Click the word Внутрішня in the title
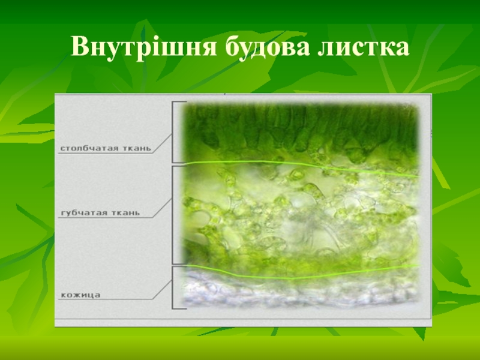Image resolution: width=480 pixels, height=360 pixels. (143, 47)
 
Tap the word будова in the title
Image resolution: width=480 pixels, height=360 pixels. (268, 47)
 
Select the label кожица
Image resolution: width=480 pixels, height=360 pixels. (80, 295)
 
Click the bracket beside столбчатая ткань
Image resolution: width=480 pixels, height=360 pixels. (173, 132)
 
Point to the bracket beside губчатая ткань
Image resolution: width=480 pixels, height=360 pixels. (173, 215)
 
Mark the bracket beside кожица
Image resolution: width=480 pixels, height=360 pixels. (173, 287)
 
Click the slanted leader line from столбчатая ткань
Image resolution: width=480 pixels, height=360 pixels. (162, 143)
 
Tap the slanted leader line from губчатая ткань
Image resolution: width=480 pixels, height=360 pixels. (162, 208)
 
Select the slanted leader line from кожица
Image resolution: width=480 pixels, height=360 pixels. (162, 290)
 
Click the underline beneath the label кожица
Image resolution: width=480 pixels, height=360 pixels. (106, 299)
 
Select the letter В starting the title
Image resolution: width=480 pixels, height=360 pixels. (80, 46)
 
